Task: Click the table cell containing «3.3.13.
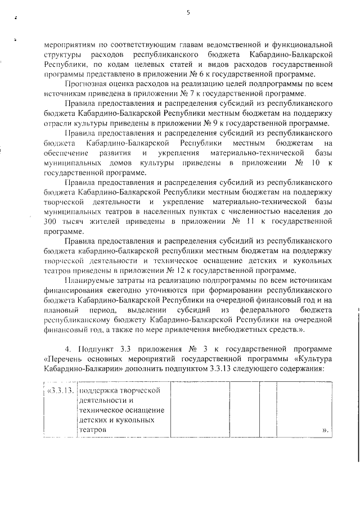(59, 391)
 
